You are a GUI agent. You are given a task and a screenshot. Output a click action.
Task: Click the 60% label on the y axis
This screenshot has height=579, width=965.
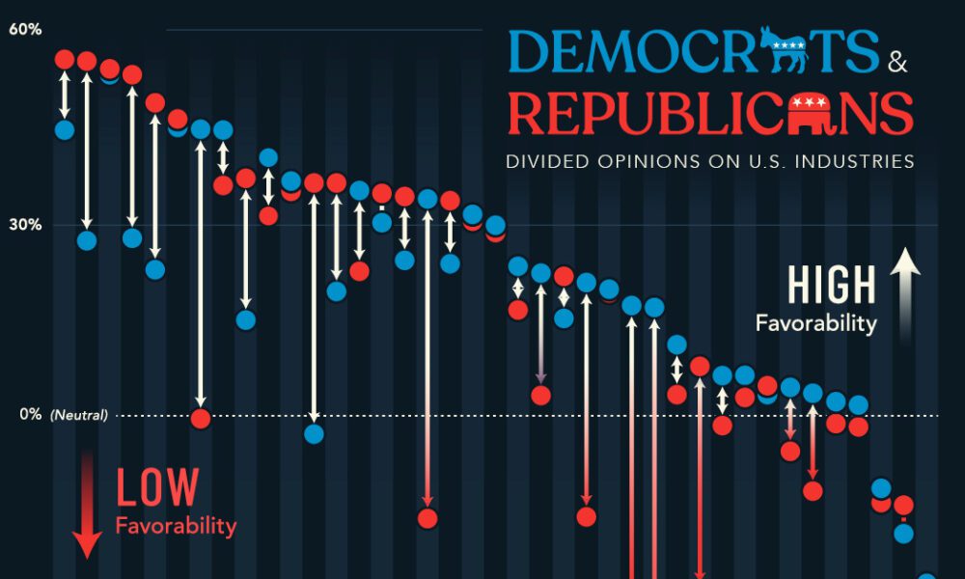(x=25, y=29)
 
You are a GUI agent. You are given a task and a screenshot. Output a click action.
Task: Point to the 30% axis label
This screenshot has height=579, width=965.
(x=25, y=225)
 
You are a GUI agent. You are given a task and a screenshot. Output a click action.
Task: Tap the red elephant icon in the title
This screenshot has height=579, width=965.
(x=813, y=114)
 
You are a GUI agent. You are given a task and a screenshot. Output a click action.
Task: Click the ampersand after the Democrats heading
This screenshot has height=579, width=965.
(x=897, y=65)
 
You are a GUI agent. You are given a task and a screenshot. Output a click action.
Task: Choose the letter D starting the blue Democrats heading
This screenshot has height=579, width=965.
(x=530, y=51)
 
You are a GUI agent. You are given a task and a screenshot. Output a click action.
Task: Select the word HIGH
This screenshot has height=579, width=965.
(x=832, y=286)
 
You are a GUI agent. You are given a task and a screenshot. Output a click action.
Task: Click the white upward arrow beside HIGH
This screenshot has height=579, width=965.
(x=905, y=294)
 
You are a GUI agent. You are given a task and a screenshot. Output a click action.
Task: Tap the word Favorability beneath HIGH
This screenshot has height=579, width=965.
(x=816, y=323)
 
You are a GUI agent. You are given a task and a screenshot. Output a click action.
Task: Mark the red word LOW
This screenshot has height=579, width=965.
(x=157, y=488)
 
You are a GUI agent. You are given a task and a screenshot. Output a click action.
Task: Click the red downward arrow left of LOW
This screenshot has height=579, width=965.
(x=88, y=502)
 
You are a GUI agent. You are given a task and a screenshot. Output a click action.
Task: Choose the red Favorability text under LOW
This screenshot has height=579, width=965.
(x=176, y=526)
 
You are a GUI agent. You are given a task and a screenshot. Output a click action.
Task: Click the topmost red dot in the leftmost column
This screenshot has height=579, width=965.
(x=65, y=60)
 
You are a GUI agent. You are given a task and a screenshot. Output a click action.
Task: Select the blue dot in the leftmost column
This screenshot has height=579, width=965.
(x=65, y=129)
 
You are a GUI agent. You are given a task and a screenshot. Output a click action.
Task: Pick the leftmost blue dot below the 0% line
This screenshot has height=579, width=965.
(x=314, y=433)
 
